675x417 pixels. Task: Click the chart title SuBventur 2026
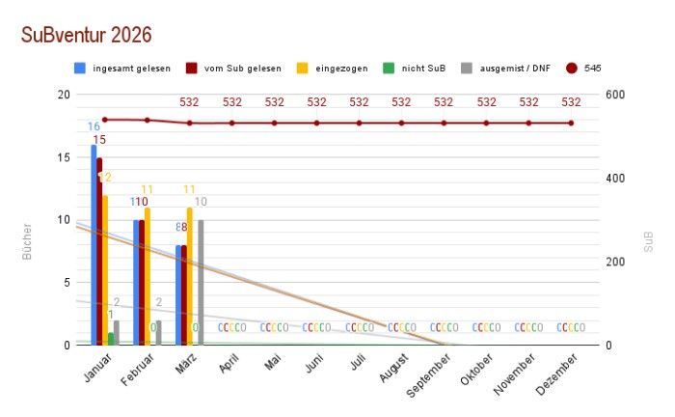click(86, 35)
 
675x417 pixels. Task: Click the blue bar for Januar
click(94, 245)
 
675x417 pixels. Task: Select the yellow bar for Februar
click(148, 276)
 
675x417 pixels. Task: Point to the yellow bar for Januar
click(105, 270)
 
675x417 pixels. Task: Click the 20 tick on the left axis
click(64, 95)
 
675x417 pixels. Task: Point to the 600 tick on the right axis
click(614, 95)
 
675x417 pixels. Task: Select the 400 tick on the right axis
click(614, 179)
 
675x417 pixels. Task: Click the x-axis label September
click(430, 371)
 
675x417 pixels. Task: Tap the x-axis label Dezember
click(558, 371)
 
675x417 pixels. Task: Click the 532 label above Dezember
click(571, 102)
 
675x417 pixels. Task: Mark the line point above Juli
click(360, 123)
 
